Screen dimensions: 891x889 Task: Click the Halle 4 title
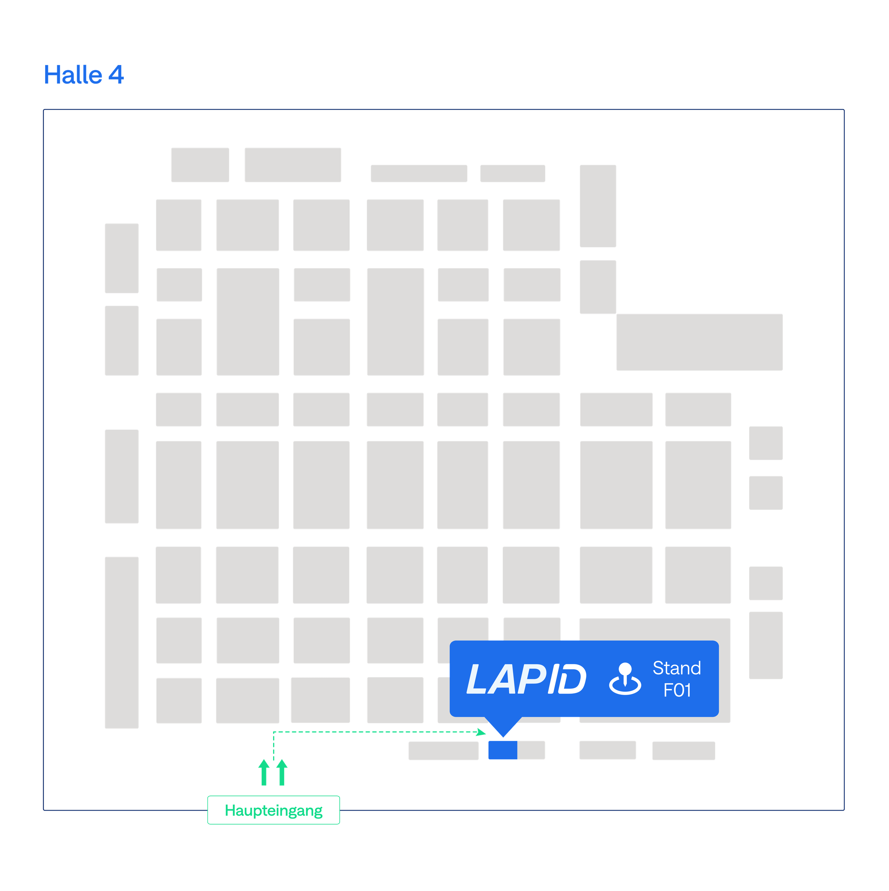(x=84, y=75)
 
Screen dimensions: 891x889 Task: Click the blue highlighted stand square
(x=502, y=750)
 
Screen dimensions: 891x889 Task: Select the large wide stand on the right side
(x=699, y=342)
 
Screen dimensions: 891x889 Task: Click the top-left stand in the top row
(x=199, y=165)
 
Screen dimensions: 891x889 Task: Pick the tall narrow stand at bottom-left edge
(x=122, y=642)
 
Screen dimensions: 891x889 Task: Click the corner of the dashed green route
(x=273, y=732)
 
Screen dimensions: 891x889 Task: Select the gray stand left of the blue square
(x=443, y=751)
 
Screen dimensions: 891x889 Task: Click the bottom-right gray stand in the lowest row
(x=683, y=751)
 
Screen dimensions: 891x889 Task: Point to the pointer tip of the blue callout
(x=502, y=736)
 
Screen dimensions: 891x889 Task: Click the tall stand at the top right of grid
(x=597, y=206)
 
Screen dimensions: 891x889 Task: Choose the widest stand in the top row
(x=293, y=165)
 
